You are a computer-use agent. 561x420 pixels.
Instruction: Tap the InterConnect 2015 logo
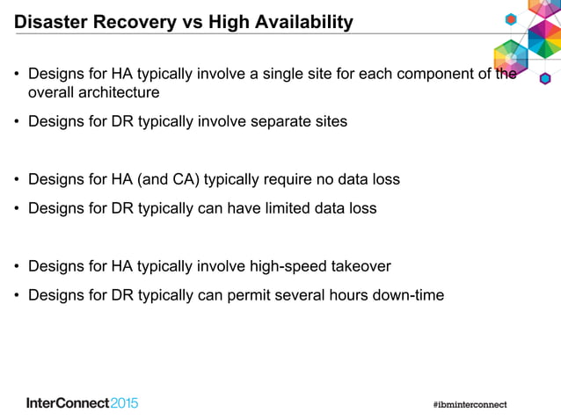[83, 403]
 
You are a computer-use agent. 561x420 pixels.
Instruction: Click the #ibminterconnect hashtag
[470, 404]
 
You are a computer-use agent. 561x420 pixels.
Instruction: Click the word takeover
[361, 266]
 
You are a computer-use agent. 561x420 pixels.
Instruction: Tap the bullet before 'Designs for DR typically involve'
[16, 121]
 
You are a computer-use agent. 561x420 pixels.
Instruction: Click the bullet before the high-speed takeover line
[16, 266]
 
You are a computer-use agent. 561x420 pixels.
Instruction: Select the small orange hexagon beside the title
[510, 19]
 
